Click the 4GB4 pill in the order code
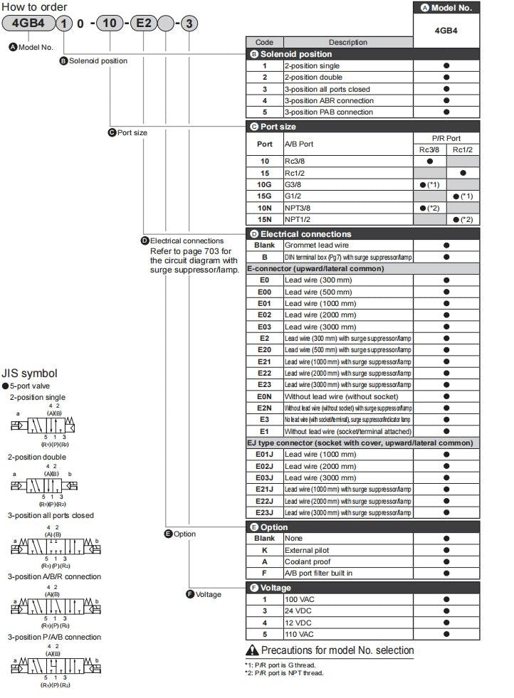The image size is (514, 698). tap(26, 23)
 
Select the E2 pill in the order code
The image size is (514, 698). tap(143, 23)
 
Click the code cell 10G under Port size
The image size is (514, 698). tap(264, 184)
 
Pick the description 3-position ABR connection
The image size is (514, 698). tap(329, 100)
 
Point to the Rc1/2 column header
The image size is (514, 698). tap(463, 149)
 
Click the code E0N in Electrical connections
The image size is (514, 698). tap(264, 396)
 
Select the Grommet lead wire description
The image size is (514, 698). tap(317, 245)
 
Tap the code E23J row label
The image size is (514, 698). tap(264, 512)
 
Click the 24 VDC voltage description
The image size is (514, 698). tap(300, 610)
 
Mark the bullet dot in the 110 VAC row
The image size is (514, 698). tap(446, 634)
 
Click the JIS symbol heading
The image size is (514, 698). tap(29, 374)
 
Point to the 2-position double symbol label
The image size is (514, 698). tap(37, 457)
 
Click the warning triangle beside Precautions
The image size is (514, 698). tap(252, 650)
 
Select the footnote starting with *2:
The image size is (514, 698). tap(284, 673)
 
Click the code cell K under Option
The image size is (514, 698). tap(264, 550)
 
